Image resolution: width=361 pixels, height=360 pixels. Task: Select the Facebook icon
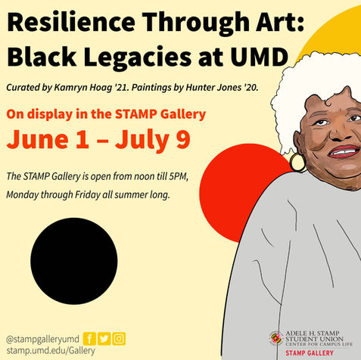89,338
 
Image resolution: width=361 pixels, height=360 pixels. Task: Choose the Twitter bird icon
104,338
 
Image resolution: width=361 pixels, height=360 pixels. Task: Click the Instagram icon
119,338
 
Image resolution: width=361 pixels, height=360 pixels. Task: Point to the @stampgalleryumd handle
41,338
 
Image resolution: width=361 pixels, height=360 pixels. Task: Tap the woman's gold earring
296,162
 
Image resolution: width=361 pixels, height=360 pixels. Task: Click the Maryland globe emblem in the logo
275,338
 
